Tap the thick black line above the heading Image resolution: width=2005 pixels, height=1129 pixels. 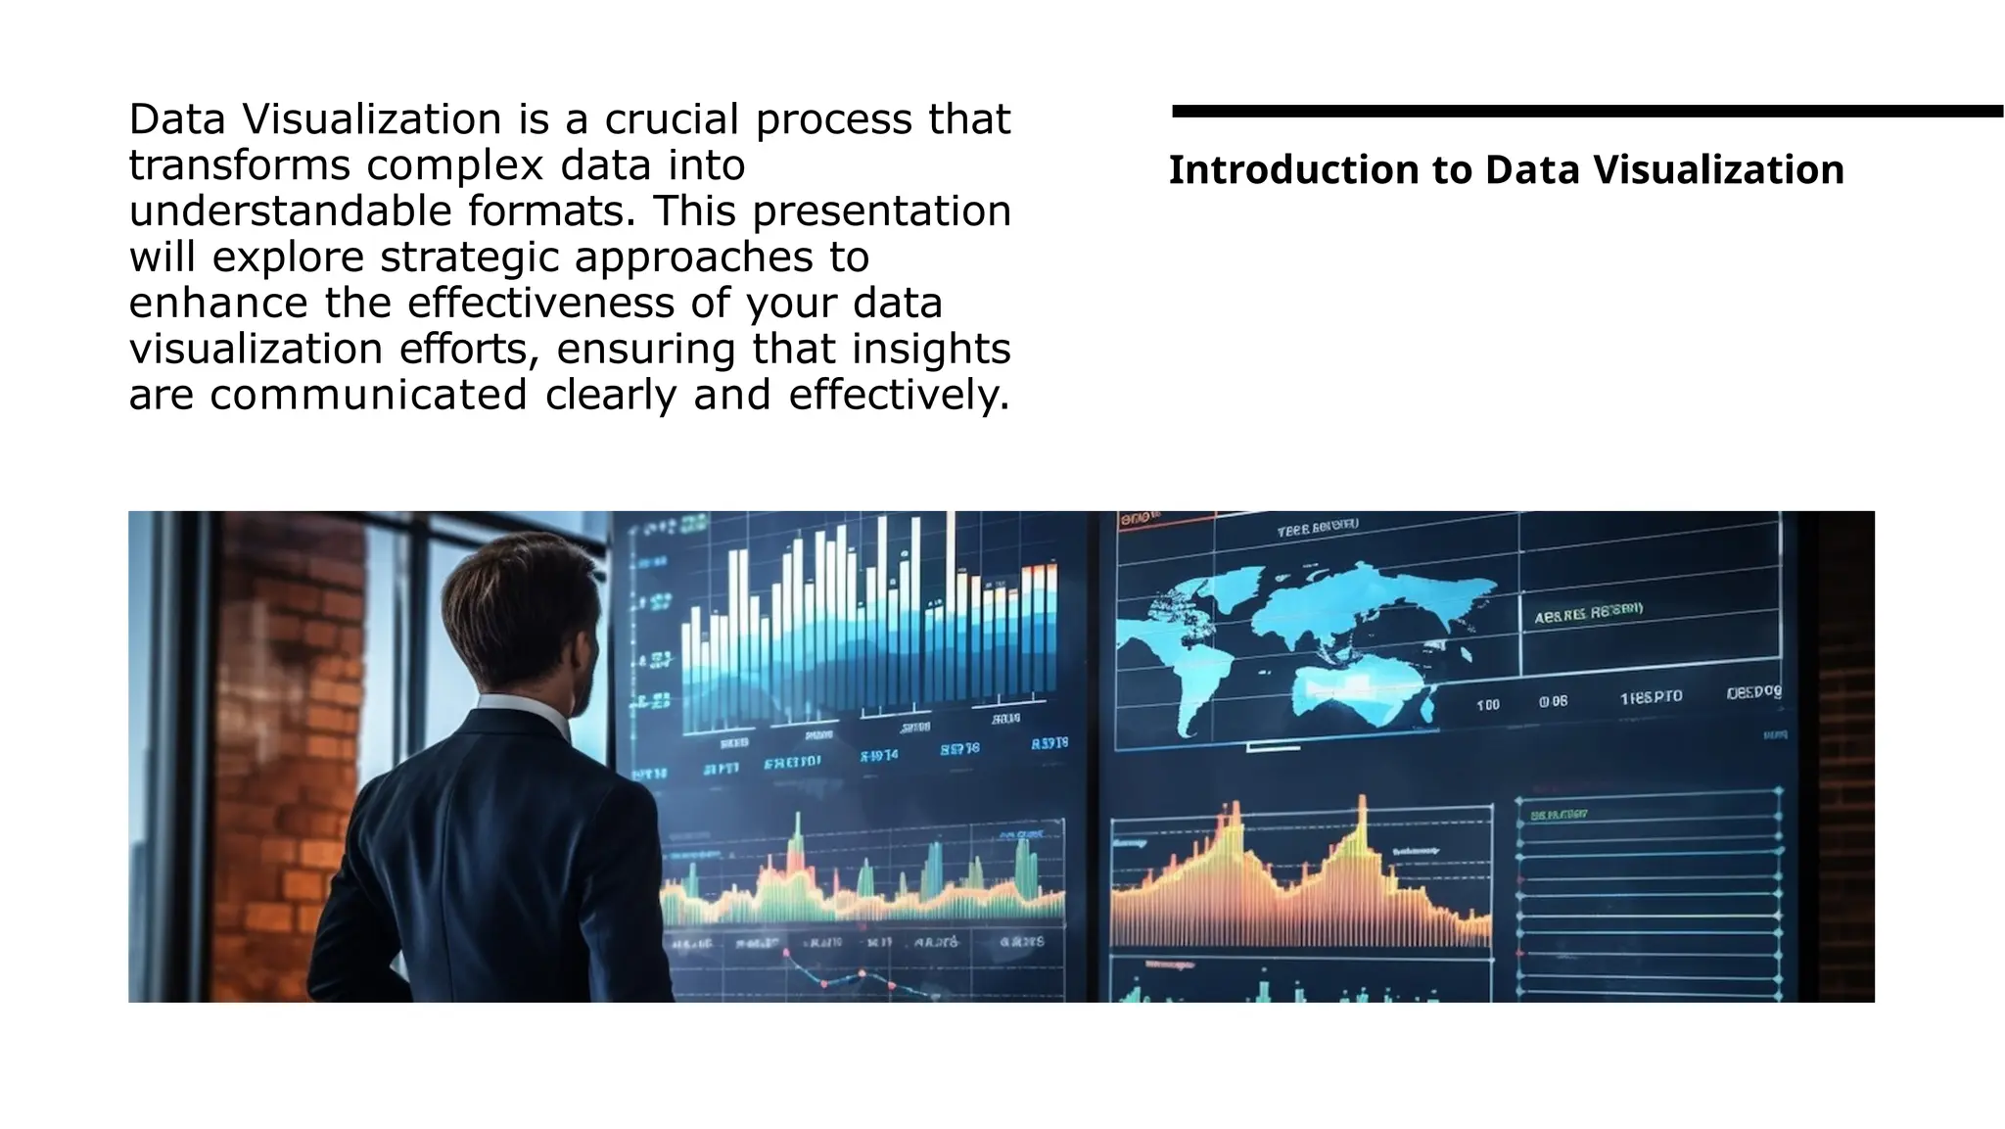(1586, 112)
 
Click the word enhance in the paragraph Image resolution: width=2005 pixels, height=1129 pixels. (219, 304)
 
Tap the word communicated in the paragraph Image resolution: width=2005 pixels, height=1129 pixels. (368, 395)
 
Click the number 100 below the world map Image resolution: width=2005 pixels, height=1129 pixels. (1487, 705)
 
